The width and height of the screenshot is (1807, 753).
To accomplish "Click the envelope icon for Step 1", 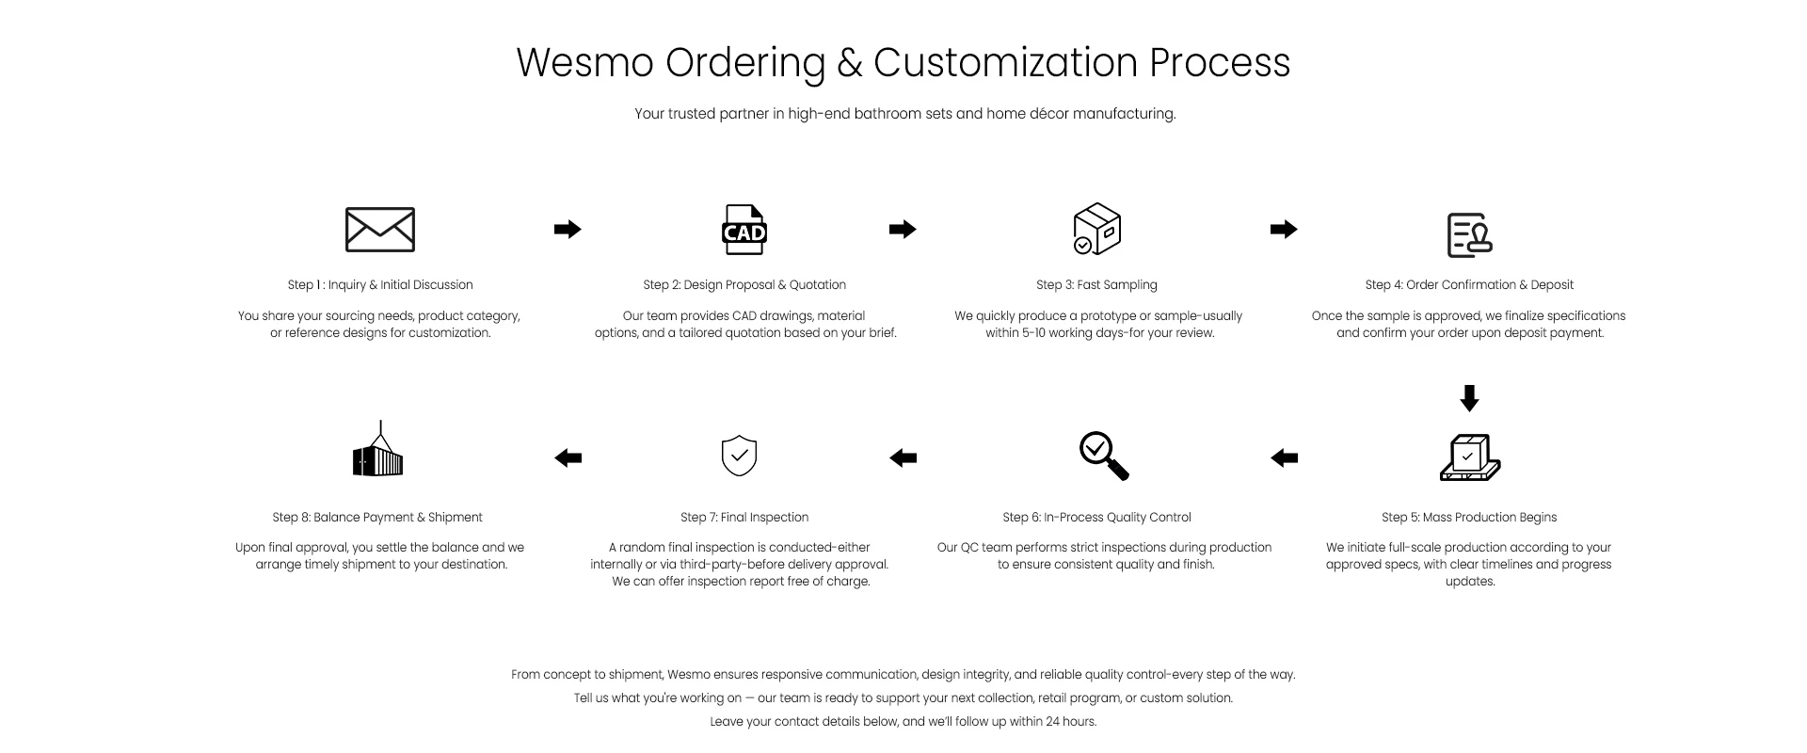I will click(x=380, y=230).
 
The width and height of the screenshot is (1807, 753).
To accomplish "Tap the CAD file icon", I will click(x=744, y=230).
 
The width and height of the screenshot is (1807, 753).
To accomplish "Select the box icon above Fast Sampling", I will click(x=1096, y=229).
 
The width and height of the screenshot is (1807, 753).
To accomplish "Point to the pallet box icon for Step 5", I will click(x=1469, y=457).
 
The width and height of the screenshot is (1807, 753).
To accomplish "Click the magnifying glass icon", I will click(x=1103, y=457).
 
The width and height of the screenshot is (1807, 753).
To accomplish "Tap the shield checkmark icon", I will click(x=739, y=456).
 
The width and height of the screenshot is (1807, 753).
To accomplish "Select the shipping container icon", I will click(x=377, y=451).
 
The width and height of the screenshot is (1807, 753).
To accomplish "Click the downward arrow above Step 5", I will click(x=1469, y=398).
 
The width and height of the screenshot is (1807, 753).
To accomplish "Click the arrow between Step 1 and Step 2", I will click(x=568, y=229).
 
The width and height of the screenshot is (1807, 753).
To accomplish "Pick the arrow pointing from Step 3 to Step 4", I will click(x=1284, y=229).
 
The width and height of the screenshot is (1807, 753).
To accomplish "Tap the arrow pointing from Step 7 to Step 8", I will click(x=568, y=458).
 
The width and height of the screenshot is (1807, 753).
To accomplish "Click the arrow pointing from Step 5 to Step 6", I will click(x=1284, y=458).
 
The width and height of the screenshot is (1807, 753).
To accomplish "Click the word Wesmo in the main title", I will click(x=584, y=63).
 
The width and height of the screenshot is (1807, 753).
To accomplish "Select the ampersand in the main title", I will click(x=849, y=63).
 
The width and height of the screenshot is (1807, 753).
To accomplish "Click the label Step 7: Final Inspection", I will click(x=744, y=518).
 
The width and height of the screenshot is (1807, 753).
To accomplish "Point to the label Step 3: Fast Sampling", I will click(x=1096, y=285).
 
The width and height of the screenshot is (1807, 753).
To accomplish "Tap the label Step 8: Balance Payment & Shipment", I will click(x=377, y=518).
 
